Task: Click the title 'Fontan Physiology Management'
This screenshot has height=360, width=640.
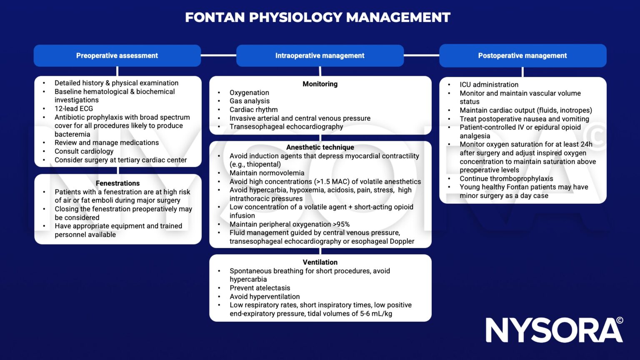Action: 317,17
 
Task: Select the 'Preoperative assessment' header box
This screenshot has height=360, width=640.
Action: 117,55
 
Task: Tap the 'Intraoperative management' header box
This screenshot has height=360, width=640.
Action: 320,55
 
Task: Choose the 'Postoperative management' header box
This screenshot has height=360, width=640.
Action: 522,55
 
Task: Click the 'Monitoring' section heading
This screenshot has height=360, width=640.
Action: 320,84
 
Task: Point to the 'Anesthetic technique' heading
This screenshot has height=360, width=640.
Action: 320,147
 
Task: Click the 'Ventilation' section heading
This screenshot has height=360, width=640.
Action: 320,262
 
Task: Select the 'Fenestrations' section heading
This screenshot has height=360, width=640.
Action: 117,183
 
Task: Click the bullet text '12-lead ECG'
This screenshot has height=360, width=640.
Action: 74,109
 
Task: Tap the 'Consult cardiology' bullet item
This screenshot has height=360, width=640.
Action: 84,151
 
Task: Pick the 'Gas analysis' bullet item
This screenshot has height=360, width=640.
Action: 250,101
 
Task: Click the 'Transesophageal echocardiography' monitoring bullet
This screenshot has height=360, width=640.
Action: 286,127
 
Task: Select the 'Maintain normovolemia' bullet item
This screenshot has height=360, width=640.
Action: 267,173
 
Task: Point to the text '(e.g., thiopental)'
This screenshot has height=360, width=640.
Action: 255,164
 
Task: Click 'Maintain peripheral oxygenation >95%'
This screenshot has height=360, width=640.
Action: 290,224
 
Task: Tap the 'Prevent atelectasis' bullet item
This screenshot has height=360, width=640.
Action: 260,288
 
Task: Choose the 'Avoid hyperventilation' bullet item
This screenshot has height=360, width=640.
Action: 265,297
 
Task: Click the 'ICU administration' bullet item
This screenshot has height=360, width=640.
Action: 489,85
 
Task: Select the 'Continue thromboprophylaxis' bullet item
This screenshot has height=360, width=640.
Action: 506,178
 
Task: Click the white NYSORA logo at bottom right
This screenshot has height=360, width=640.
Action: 554,330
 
